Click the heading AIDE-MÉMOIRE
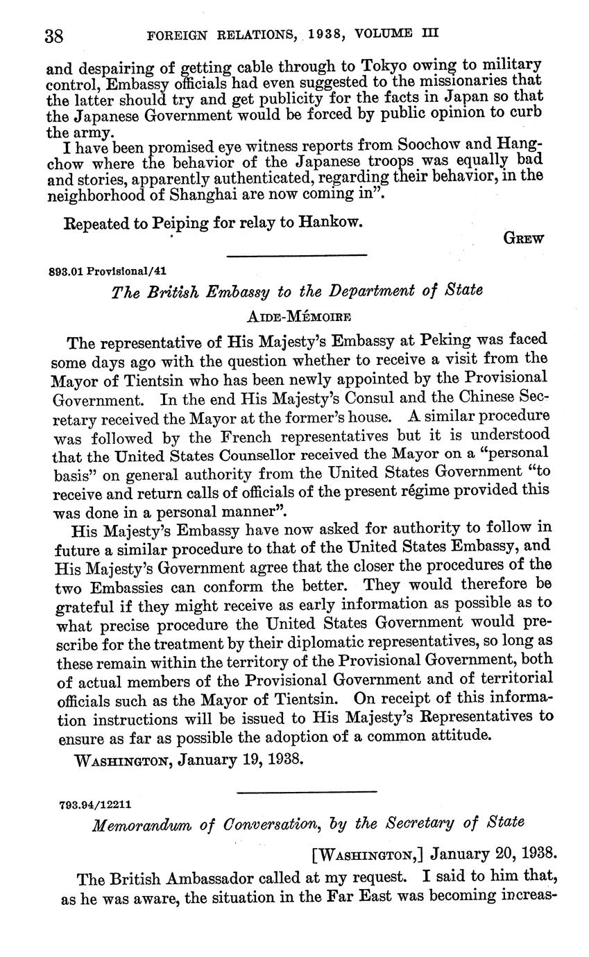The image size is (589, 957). click(299, 316)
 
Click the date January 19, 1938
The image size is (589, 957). click(241, 759)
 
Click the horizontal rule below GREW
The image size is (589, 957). click(296, 255)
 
